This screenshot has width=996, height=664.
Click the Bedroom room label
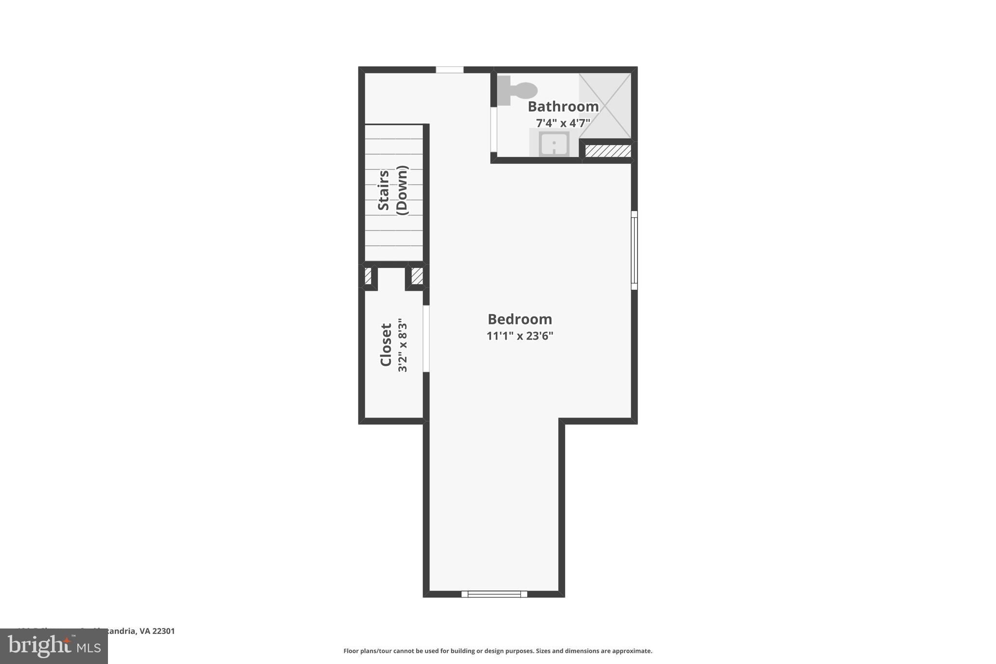tap(520, 319)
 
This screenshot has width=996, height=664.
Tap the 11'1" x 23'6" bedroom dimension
tap(520, 336)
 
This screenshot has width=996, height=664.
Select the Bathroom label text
tap(563, 107)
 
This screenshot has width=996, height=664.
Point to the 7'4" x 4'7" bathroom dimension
tap(563, 123)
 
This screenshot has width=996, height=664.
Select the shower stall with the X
tap(605, 106)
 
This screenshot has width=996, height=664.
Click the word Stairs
tap(384, 190)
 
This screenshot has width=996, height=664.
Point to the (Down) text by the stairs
tap(402, 190)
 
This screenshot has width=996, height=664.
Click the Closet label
tap(386, 344)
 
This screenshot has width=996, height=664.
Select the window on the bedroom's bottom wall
tap(494, 594)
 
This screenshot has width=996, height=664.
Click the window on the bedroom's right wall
tap(634, 250)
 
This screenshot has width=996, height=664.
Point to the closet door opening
tap(426, 339)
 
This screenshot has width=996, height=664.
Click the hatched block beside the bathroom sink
tap(608, 151)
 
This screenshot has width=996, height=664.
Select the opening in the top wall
tap(449, 70)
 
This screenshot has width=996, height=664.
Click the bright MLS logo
tap(54, 646)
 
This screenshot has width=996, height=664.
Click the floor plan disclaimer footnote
tap(498, 651)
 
